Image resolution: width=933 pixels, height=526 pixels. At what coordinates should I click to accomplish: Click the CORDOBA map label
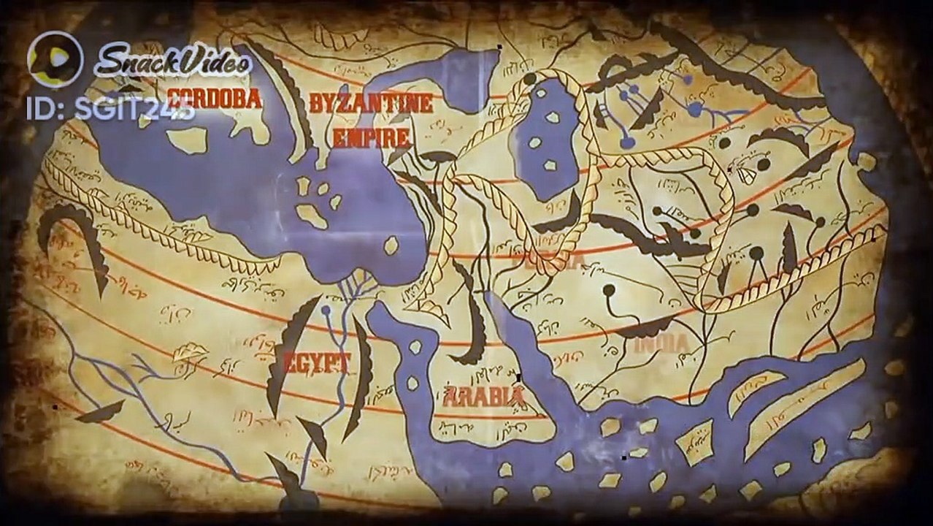coord(214,99)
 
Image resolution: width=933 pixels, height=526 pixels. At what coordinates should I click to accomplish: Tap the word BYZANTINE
coord(370,103)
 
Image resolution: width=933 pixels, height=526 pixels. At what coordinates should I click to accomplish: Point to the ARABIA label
coord(485,397)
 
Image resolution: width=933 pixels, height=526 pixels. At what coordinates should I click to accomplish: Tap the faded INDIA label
coord(661,343)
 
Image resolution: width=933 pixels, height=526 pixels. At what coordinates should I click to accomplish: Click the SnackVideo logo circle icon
coord(55,58)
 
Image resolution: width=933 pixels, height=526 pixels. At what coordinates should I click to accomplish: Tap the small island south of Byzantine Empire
coord(392,245)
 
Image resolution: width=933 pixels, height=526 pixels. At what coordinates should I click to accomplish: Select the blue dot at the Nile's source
coord(326,310)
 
